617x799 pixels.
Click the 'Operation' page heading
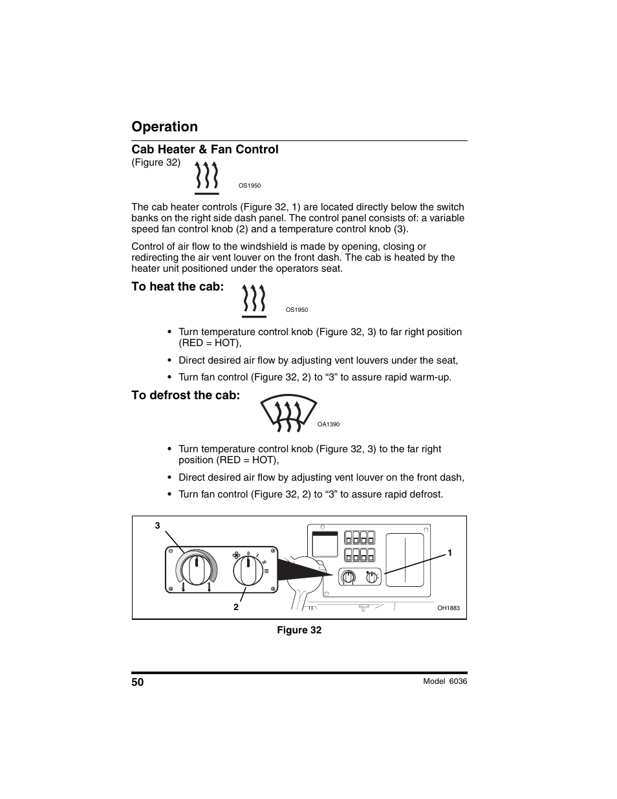[x=164, y=127]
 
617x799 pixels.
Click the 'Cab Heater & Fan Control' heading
[x=204, y=149]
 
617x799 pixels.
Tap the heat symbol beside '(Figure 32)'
[x=206, y=178]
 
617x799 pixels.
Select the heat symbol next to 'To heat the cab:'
[x=254, y=301]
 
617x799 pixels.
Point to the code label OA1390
[x=328, y=424]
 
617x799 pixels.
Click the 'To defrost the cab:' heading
[x=186, y=395]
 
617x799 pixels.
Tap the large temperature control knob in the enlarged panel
[x=194, y=571]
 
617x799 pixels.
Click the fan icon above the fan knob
[x=235, y=554]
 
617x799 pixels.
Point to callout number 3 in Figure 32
[x=157, y=526]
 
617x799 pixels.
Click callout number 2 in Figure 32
[x=236, y=607]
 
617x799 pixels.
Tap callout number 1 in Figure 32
[x=449, y=553]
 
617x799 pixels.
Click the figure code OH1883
[x=448, y=608]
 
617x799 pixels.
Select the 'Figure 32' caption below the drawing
[x=299, y=630]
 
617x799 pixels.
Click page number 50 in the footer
[x=138, y=682]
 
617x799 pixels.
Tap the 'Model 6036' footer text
[x=444, y=681]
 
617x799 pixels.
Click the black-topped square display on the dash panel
[x=325, y=544]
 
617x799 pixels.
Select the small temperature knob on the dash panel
[x=348, y=577]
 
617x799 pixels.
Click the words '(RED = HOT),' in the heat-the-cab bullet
[x=210, y=343]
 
